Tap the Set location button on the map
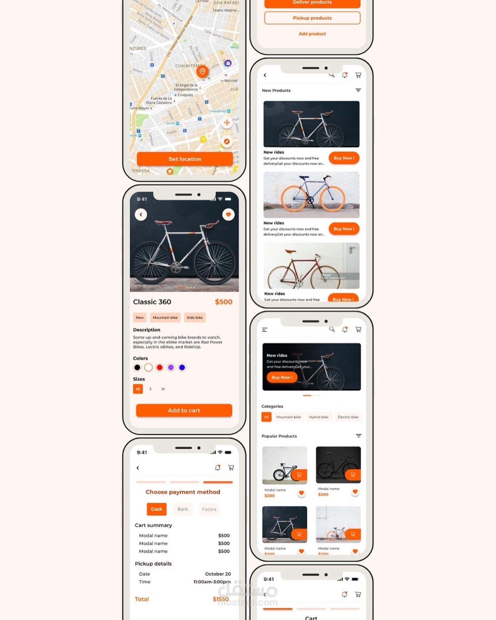pos(185,159)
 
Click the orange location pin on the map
pos(202,71)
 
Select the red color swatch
pos(159,368)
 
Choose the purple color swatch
pos(171,368)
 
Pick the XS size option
pos(138,389)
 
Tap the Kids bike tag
pos(195,318)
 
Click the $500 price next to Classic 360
pos(224,302)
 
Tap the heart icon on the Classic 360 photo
pos(228,215)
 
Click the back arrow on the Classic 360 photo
pos(141,215)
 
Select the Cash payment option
pos(156,509)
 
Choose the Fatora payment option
pos(209,509)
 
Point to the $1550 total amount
pos(221,599)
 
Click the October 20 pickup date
pos(218,574)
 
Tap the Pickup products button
pos(312,18)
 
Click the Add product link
pos(312,34)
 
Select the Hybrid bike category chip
pos(319,417)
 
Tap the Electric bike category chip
pos(348,417)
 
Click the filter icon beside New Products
pos(358,90)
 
